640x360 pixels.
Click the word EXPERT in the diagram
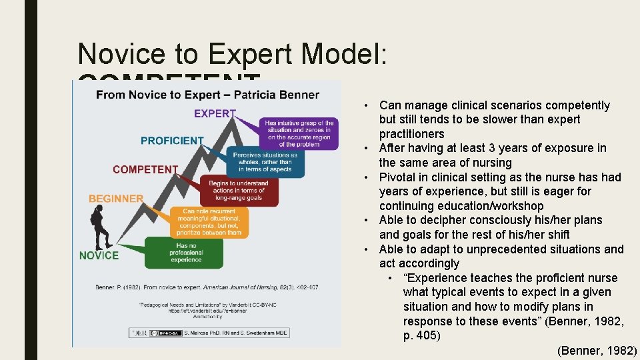[x=215, y=114]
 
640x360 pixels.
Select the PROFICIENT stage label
[x=172, y=141]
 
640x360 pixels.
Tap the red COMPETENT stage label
[x=145, y=169]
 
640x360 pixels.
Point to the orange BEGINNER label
[x=116, y=199]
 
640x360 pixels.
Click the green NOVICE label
[x=99, y=255]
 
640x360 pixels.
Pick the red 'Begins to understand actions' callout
[x=238, y=191]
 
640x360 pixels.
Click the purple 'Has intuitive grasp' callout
[x=299, y=133]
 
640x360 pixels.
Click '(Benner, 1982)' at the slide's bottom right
[x=596, y=350]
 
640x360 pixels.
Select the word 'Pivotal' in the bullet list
[x=398, y=177]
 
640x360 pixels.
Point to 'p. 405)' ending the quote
[x=421, y=335]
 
